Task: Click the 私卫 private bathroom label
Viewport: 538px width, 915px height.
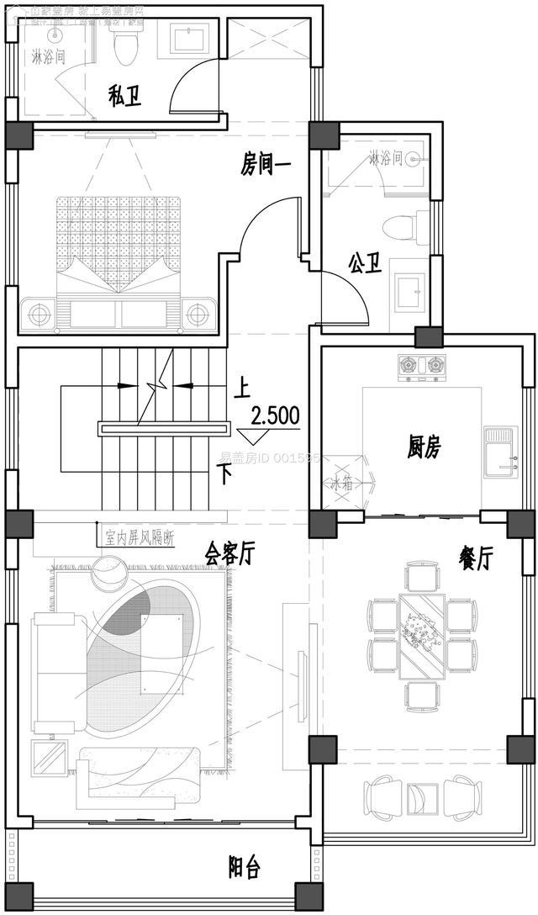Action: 124,96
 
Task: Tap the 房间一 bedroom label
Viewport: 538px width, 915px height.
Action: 266,165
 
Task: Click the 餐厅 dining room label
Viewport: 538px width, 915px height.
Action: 475,557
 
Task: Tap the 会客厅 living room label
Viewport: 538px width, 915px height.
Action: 229,553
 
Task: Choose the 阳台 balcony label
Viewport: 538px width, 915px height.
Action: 244,867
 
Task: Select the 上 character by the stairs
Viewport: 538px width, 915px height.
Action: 242,388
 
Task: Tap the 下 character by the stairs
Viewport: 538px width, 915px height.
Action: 224,473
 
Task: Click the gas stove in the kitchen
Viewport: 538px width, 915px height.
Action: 422,366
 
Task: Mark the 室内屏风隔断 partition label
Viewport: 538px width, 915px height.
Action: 139,536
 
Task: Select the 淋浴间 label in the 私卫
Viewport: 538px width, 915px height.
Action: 48,57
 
